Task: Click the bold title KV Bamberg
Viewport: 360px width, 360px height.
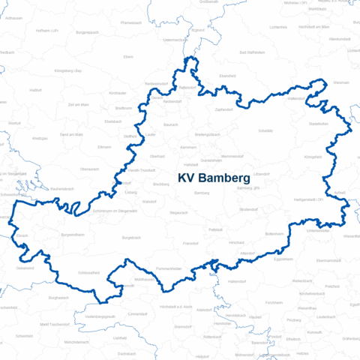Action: tap(214, 178)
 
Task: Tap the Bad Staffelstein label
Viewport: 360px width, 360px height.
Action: tap(252, 53)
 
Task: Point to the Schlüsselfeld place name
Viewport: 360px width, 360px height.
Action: tap(88, 273)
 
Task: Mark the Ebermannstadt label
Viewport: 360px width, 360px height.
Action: tap(329, 259)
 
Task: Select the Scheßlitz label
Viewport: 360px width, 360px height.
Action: tap(265, 130)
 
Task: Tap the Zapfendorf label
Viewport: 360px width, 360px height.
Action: tap(224, 109)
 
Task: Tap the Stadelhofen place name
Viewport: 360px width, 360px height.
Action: tap(319, 123)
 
